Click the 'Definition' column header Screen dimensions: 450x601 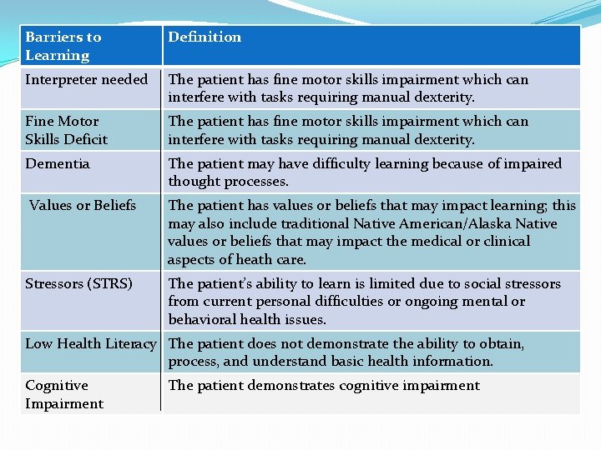[x=205, y=37]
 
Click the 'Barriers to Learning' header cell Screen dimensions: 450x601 [x=63, y=46]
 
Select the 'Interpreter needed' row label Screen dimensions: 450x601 [x=86, y=80]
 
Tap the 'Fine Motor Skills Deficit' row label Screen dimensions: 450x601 [x=67, y=130]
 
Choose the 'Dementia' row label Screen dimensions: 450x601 [x=58, y=163]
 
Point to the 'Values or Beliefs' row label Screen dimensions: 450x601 [x=83, y=205]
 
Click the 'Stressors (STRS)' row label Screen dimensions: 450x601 [x=79, y=284]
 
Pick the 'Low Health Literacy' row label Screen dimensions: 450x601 [x=91, y=343]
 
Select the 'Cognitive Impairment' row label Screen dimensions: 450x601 [x=64, y=394]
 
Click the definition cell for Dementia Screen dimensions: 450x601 [x=365, y=172]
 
